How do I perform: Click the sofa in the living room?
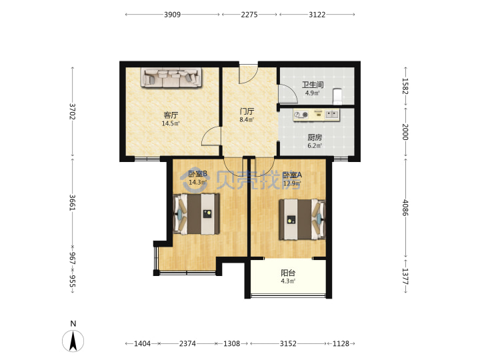[171, 78]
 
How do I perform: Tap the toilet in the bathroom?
[337, 97]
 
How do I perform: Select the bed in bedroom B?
[197, 214]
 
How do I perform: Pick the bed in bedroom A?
[302, 219]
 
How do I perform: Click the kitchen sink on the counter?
[331, 115]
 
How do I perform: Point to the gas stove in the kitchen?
[301, 115]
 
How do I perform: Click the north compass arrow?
[73, 341]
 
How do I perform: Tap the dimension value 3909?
[173, 15]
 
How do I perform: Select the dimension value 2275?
[249, 15]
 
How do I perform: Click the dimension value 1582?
[405, 86]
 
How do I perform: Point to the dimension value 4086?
[405, 207]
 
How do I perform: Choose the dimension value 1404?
[143, 343]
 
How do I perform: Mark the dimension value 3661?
[72, 203]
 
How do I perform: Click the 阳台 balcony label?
[288, 273]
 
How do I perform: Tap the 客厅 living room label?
[171, 115]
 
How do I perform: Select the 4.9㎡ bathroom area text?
[313, 93]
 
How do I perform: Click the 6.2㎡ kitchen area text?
[315, 146]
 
